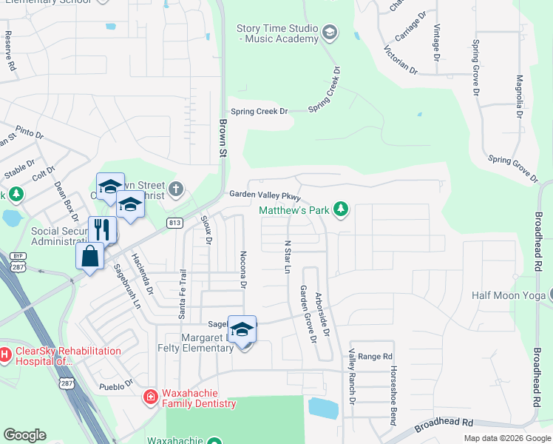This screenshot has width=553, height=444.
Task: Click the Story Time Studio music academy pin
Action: coord(330,33)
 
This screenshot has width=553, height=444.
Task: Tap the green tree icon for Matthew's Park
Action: coord(340,210)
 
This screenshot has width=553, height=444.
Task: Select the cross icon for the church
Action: coord(174,189)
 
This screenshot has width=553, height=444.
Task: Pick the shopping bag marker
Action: coord(89,257)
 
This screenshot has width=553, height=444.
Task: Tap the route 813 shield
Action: coord(174,223)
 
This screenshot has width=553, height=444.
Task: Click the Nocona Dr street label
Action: coord(242,269)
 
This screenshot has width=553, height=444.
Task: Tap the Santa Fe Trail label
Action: coord(183,295)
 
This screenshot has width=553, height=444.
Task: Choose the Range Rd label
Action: coord(375,357)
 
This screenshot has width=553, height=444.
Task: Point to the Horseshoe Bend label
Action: coord(394,395)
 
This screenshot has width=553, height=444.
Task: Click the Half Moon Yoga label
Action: coord(508,296)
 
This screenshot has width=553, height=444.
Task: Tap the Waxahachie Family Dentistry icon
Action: coord(151,397)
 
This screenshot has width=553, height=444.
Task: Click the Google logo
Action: coord(25,434)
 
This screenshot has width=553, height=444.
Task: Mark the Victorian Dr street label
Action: coord(401,61)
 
